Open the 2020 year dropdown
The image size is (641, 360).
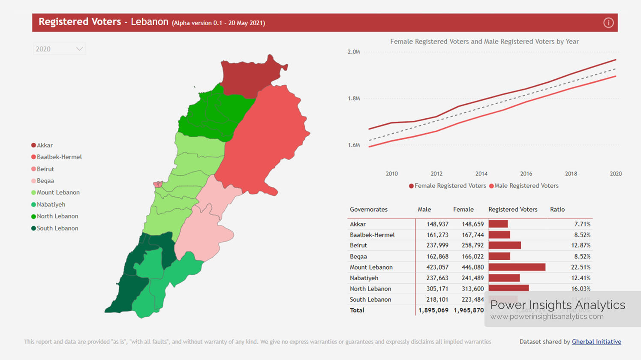point(59,49)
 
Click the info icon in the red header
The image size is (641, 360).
point(608,23)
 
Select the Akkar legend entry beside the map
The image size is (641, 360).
point(45,145)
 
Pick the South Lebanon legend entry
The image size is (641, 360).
point(57,228)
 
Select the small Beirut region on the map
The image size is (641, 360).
point(158,185)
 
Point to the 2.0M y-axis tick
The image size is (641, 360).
point(354,52)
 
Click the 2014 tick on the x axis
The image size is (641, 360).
point(481,174)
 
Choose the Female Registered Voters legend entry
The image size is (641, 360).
point(450,186)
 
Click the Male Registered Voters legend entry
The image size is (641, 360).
point(526,186)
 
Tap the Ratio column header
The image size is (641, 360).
point(557,209)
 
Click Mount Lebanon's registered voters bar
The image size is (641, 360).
point(517,267)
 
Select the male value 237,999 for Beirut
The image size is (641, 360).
point(437,245)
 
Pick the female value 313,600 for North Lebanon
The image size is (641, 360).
point(472,288)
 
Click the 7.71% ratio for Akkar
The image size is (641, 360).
point(581,224)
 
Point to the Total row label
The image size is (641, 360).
point(357,310)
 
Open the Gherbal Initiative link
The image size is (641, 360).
point(596,342)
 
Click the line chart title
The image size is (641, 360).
point(484,42)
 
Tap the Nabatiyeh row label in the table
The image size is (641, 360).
point(364,278)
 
